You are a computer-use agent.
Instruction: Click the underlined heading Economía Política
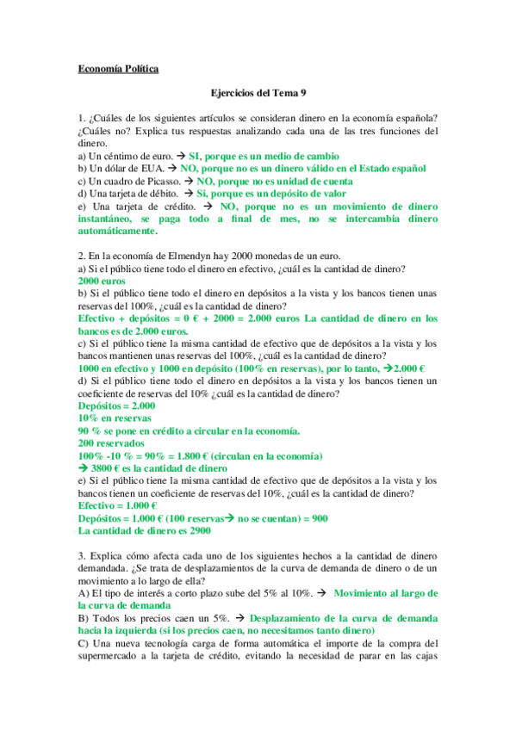click(118, 70)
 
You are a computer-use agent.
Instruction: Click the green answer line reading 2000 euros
click(102, 281)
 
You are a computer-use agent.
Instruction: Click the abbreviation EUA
click(150, 170)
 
